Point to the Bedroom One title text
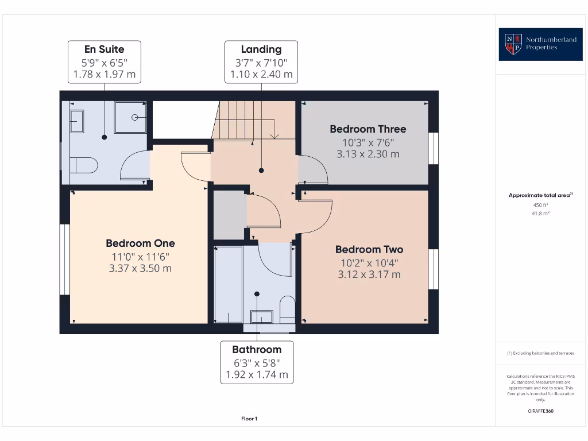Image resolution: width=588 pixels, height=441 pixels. tap(140, 243)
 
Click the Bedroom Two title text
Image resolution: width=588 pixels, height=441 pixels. tap(369, 249)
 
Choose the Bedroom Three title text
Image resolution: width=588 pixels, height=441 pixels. tap(367, 129)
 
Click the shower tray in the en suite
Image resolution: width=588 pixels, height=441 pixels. tap(130, 118)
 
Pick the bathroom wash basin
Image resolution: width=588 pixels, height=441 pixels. tap(262, 317)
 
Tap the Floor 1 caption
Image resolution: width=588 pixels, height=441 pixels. tap(249, 419)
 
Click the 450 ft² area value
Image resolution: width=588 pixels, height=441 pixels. tap(540, 204)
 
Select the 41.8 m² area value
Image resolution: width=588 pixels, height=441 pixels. tap(540, 213)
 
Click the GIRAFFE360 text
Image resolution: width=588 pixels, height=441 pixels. tap(540, 411)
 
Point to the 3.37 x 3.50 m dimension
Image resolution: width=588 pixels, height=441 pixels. tap(140, 268)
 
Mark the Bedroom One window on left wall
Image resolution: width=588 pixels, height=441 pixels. tap(64, 260)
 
